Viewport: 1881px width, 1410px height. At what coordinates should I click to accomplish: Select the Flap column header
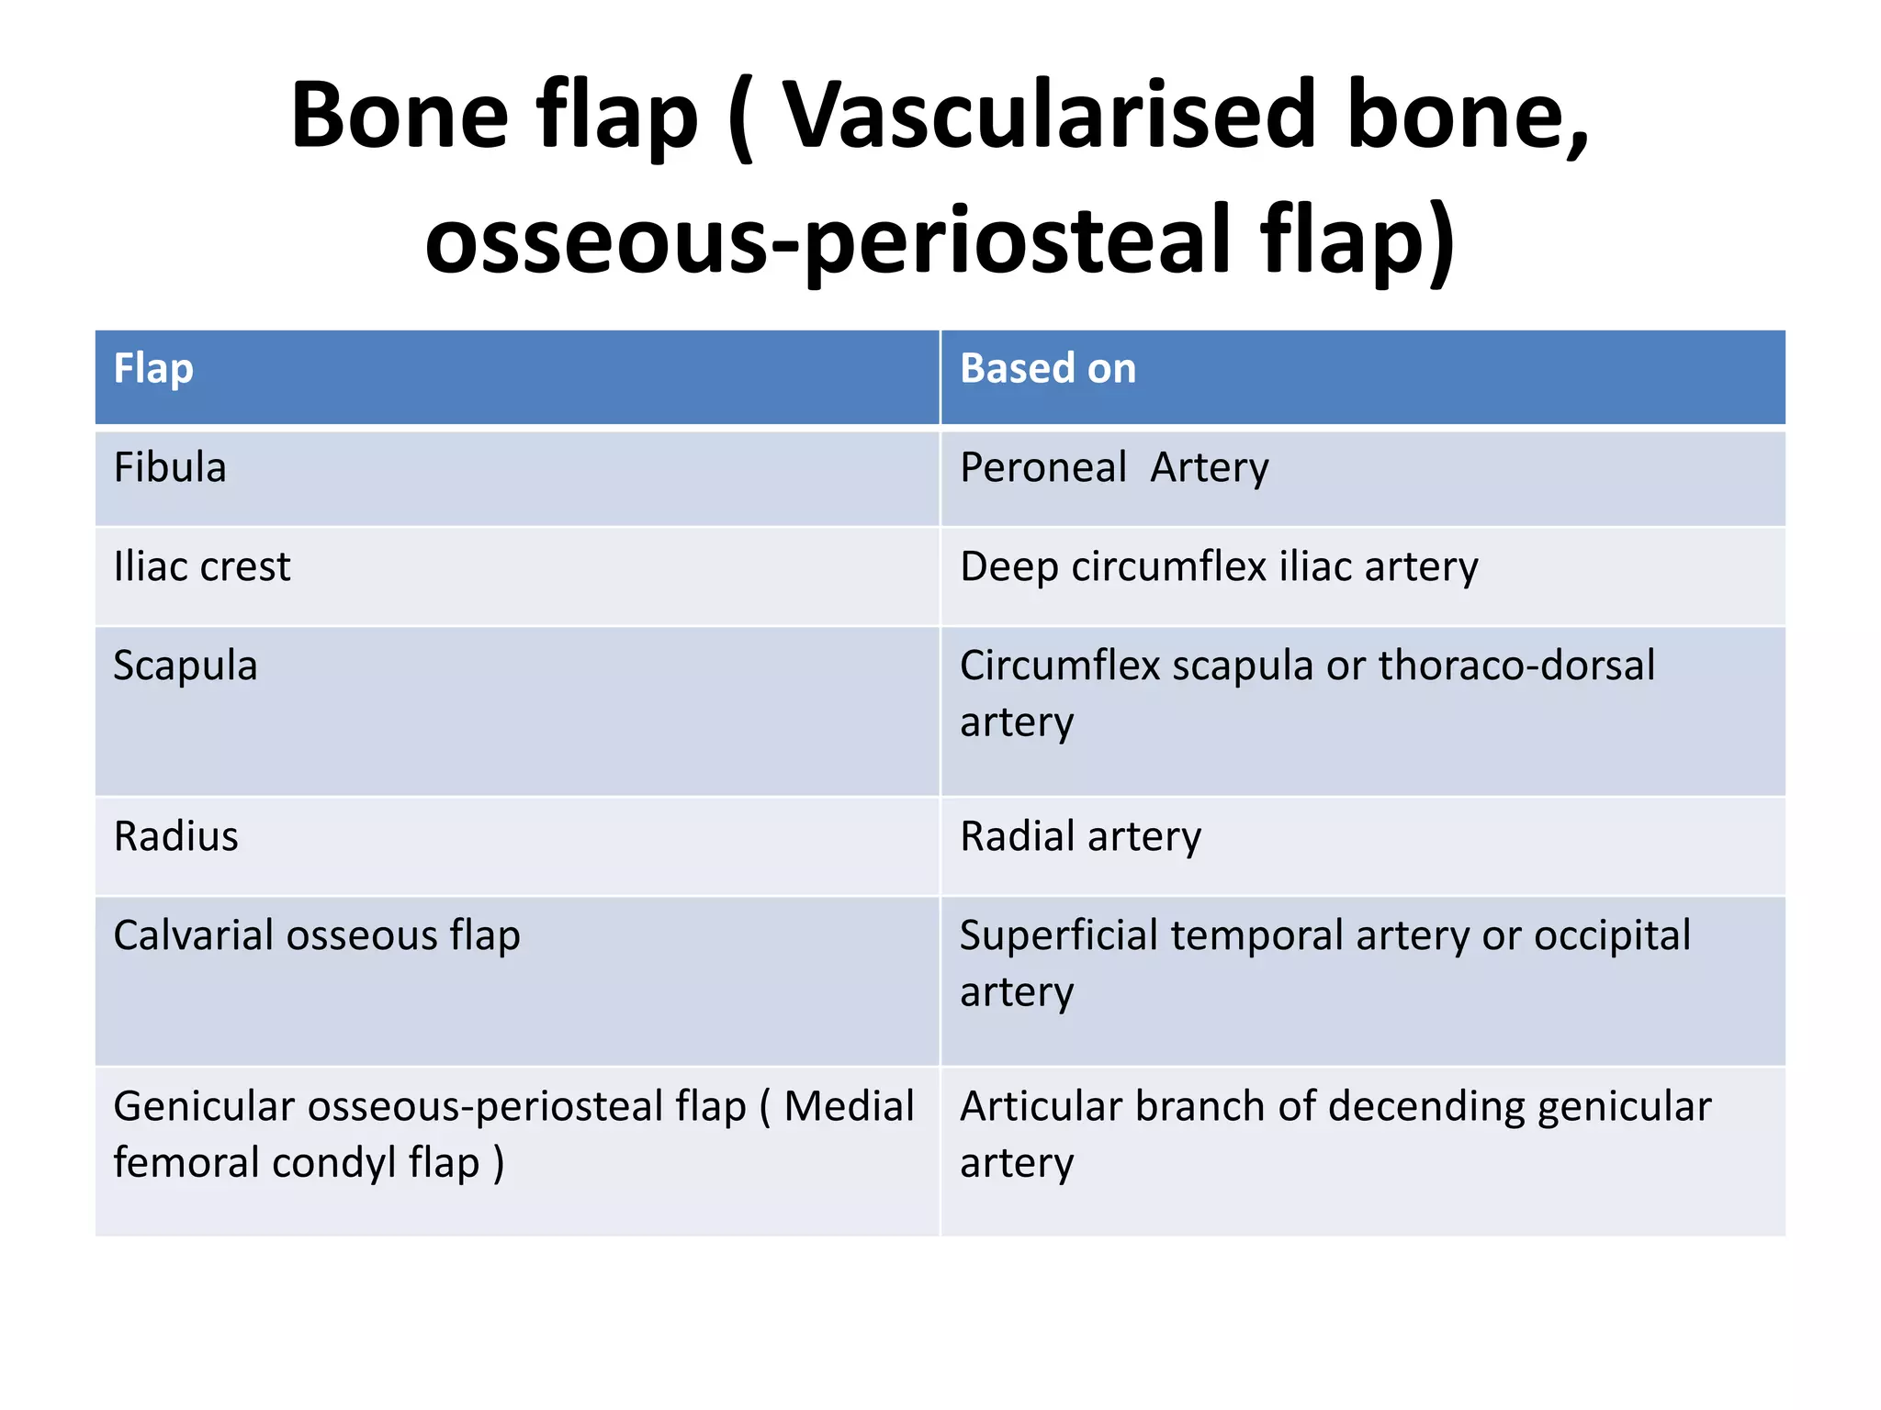coord(153,369)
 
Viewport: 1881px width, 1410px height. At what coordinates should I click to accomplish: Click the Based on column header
coord(1048,369)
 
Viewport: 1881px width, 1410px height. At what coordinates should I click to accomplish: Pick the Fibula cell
coord(170,468)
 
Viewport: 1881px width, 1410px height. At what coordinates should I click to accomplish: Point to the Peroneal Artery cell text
coord(1114,468)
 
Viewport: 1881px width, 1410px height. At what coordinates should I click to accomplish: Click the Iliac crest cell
coord(202,567)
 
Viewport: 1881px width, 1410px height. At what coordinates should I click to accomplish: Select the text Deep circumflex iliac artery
coord(1219,567)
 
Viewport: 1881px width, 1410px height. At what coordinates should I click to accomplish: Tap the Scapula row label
coord(186,666)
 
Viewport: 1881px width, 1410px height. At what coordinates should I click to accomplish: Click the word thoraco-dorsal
coord(1516,666)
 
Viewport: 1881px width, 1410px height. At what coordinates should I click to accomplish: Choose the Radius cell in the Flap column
coord(176,837)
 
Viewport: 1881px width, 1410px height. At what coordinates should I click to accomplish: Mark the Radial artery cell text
coord(1080,837)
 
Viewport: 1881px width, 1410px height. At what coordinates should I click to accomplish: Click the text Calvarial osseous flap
coord(317,936)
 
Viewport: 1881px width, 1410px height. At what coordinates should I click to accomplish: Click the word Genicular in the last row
coord(204,1107)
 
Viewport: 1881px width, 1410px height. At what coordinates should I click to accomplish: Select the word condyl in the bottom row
coord(334,1164)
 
